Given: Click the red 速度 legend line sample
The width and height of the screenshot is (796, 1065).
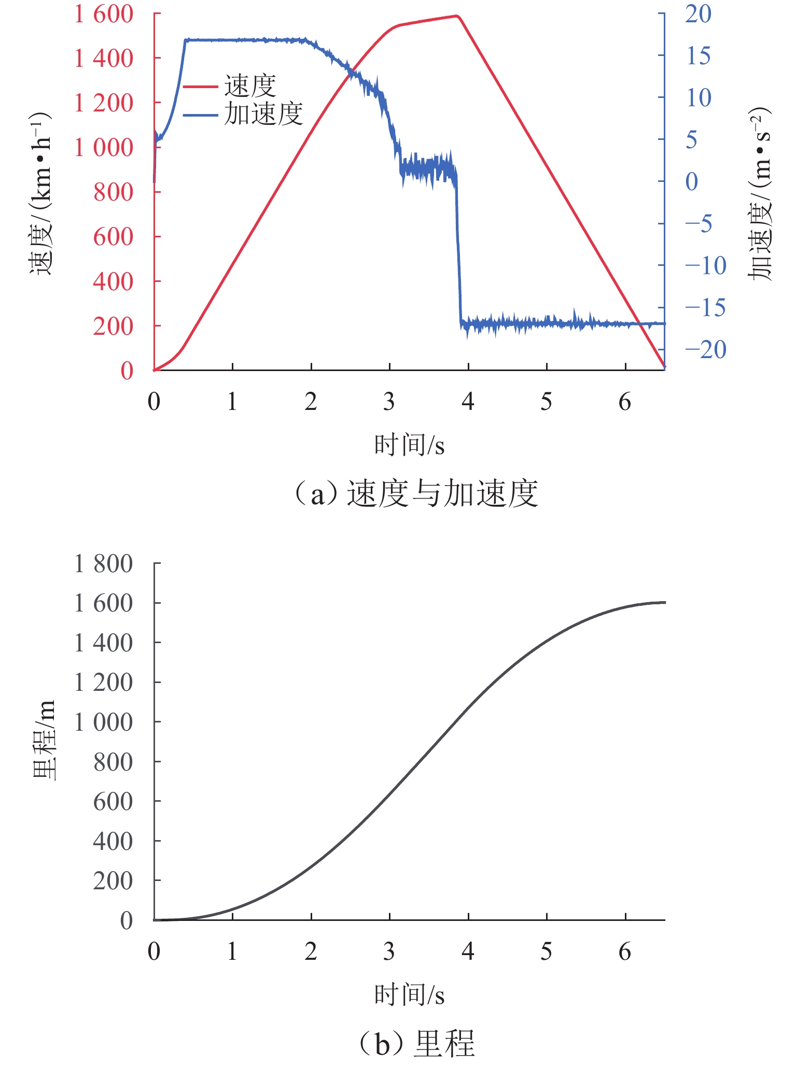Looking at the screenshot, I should [x=200, y=87].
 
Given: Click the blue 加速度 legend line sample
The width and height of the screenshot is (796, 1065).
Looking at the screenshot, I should [x=200, y=115].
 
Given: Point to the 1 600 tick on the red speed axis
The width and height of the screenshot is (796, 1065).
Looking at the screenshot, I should [x=104, y=14].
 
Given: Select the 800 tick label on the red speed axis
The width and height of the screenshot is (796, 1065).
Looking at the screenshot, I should [x=113, y=192].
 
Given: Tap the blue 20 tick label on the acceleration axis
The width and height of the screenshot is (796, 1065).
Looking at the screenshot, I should [x=698, y=14].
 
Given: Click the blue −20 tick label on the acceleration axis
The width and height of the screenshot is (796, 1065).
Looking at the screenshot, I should [x=705, y=350].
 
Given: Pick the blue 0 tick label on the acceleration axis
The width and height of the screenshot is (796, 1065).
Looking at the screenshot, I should [x=692, y=182].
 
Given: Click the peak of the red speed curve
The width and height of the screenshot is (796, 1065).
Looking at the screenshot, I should [x=457, y=16].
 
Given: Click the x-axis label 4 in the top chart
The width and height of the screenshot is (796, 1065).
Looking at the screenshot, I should [x=468, y=402].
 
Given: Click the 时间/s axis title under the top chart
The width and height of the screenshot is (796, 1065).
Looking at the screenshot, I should [x=410, y=445].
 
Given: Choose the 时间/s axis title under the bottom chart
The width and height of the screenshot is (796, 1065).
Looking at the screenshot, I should [x=410, y=995].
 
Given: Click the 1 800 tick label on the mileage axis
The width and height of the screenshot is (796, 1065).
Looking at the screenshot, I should [x=104, y=564].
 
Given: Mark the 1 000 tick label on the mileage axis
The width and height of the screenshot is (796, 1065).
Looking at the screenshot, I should [x=104, y=722].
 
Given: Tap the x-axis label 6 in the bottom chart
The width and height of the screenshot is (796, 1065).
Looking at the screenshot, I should [x=625, y=952].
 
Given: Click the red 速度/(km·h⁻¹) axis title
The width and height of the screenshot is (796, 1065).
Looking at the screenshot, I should [x=40, y=193].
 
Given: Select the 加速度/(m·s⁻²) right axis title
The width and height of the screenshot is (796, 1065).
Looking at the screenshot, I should [x=759, y=194].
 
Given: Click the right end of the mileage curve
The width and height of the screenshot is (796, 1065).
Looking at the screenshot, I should [x=664, y=602].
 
